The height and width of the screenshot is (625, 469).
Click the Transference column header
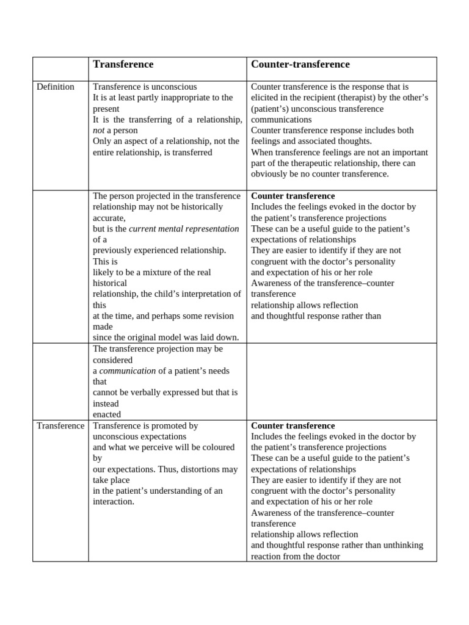pos(123,65)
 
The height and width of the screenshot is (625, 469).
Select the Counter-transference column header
pos(300,65)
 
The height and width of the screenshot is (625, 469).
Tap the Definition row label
pos(56,87)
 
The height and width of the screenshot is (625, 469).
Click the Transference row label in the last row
pos(60,425)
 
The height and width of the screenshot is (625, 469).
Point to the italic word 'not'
pos(99,131)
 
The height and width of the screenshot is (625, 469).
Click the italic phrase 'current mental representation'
pos(184,229)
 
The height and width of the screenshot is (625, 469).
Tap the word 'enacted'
pos(107,414)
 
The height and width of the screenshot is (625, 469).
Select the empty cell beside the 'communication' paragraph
pos(341,381)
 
